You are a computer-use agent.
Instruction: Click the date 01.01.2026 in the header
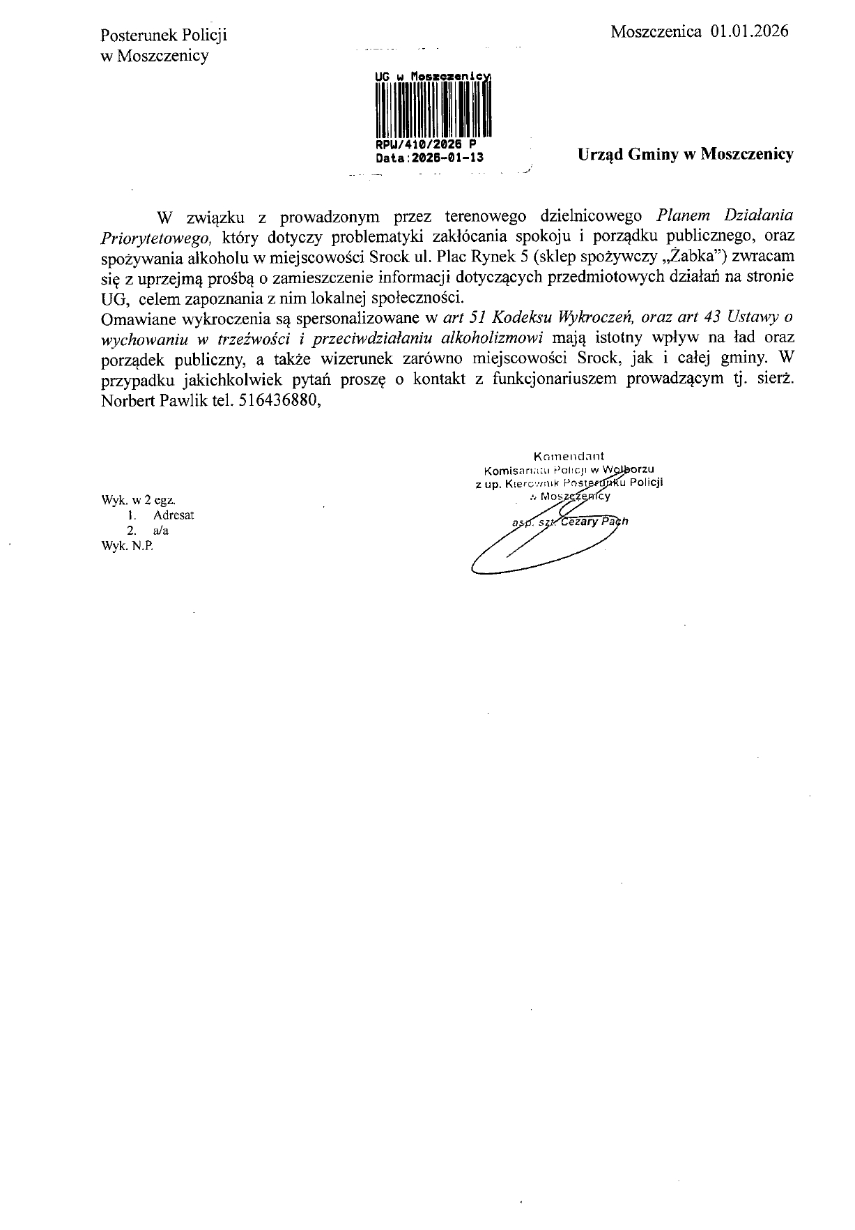(750, 31)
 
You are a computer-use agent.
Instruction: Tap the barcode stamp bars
(433, 109)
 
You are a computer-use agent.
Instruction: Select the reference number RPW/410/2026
(416, 146)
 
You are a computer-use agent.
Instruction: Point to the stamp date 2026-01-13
(446, 158)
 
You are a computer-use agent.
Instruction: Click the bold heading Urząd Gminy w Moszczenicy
(686, 154)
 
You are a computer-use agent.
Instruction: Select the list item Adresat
(174, 515)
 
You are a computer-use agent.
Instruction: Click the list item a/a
(161, 531)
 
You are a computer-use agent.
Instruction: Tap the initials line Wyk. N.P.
(127, 546)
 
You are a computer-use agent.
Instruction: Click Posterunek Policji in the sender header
(164, 36)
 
